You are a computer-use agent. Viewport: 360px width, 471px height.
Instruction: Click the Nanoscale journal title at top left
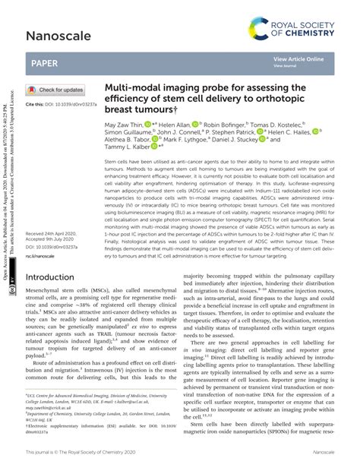(55, 35)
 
